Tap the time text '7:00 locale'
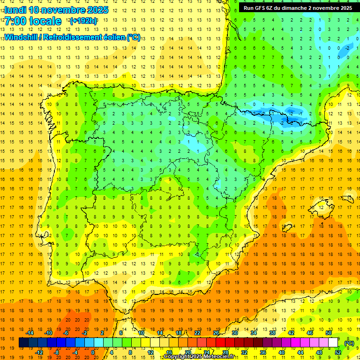pos(33,21)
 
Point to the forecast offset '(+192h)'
pos(83,21)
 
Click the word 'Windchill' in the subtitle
pos(21,37)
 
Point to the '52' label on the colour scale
pos(338,352)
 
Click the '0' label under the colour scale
pos(93,352)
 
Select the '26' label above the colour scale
pos(216,333)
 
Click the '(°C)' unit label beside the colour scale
pos(349,343)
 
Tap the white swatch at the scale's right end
pos(333,343)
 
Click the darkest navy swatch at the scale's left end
pos(23,343)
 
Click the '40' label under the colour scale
pos(281,352)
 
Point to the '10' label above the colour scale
pos(141,333)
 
